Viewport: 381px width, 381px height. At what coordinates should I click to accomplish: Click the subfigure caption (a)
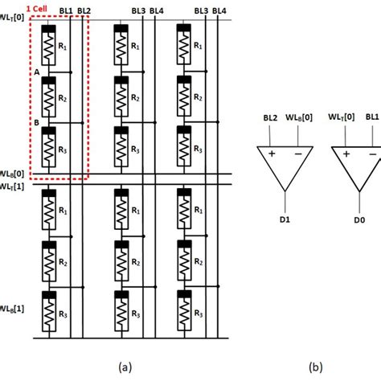(x=124, y=367)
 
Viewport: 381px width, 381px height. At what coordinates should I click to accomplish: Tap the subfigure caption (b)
(x=314, y=367)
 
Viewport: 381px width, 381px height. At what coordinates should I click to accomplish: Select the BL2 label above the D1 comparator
(x=269, y=117)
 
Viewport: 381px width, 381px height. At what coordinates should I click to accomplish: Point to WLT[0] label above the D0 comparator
(x=341, y=117)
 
